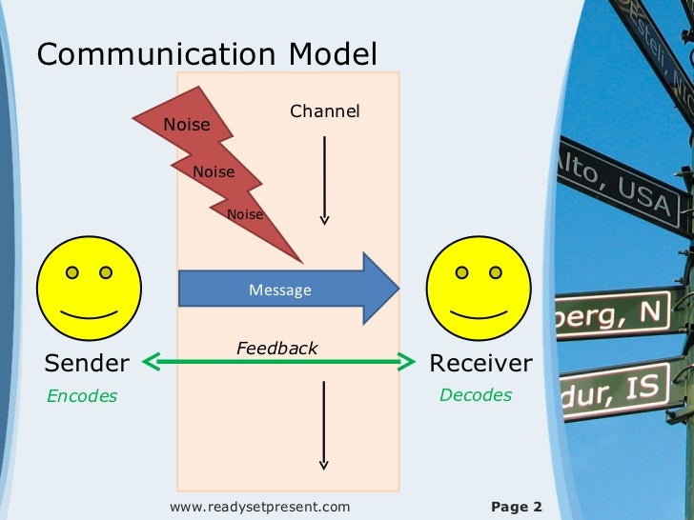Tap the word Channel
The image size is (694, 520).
(324, 112)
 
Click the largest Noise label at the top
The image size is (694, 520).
(187, 125)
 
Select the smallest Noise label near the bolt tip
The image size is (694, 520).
(245, 215)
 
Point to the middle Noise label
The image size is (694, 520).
(214, 172)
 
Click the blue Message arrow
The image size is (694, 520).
(281, 290)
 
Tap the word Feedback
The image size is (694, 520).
(276, 349)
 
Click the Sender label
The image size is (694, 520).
(87, 363)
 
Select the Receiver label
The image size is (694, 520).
(480, 363)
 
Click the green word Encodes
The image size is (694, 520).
(82, 396)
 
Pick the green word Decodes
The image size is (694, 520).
(475, 395)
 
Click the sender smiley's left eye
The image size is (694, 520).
(71, 272)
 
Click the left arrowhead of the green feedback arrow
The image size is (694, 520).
(151, 361)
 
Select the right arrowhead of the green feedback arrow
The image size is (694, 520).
(409, 361)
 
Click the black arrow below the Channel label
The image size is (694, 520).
(324, 181)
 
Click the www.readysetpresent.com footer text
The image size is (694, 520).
(259, 507)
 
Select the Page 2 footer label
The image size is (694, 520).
(516, 507)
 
